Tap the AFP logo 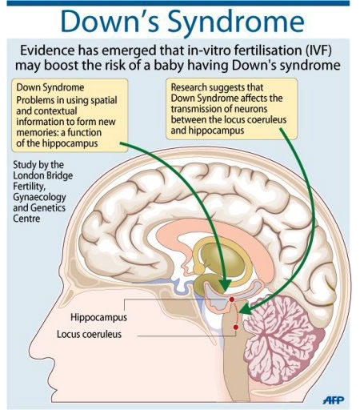334,400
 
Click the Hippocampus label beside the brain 98,317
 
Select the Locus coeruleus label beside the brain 89,334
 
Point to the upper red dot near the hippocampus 232,299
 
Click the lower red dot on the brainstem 235,327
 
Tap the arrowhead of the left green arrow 226,285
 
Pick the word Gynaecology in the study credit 39,197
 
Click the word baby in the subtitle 168,65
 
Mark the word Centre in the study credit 26,219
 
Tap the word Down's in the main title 110,22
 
